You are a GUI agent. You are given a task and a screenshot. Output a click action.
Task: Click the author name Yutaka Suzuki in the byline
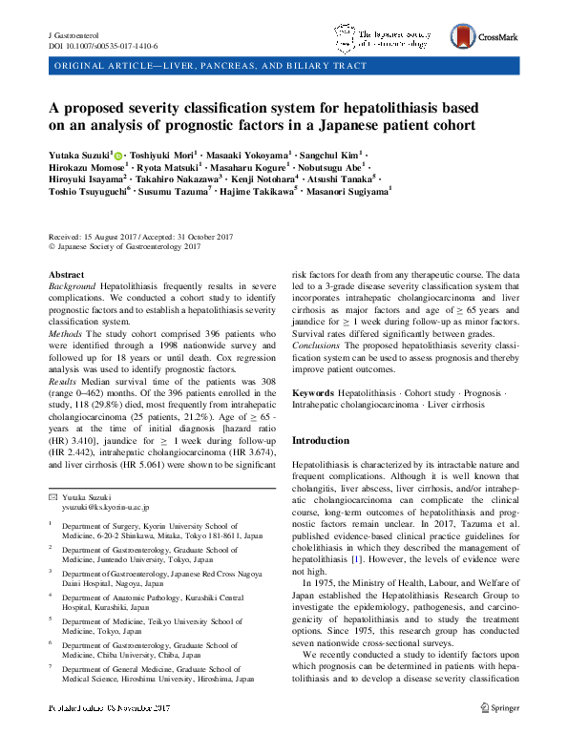click(x=79, y=153)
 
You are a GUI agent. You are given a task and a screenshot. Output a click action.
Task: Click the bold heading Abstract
click(x=66, y=274)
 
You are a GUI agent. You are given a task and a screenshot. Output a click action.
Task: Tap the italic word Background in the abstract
click(x=73, y=286)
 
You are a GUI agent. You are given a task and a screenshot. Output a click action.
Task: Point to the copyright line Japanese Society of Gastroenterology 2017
click(x=124, y=247)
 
